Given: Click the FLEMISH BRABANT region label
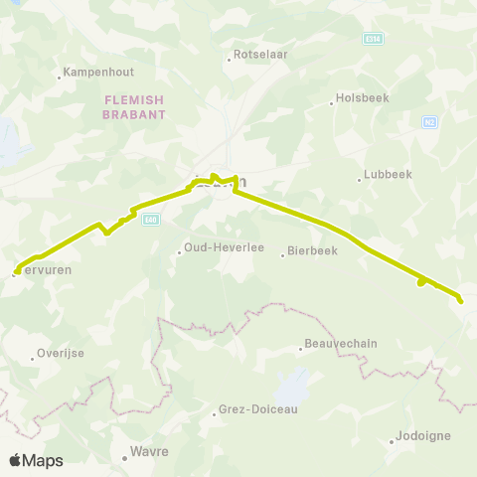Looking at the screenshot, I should (x=132, y=107).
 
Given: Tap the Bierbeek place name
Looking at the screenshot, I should (x=315, y=251).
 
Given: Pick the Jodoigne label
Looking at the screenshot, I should (x=423, y=435).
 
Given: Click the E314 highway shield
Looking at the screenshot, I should (x=373, y=38).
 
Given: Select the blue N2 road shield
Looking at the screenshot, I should (x=429, y=122).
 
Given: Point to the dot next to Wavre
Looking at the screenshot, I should (x=125, y=458).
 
